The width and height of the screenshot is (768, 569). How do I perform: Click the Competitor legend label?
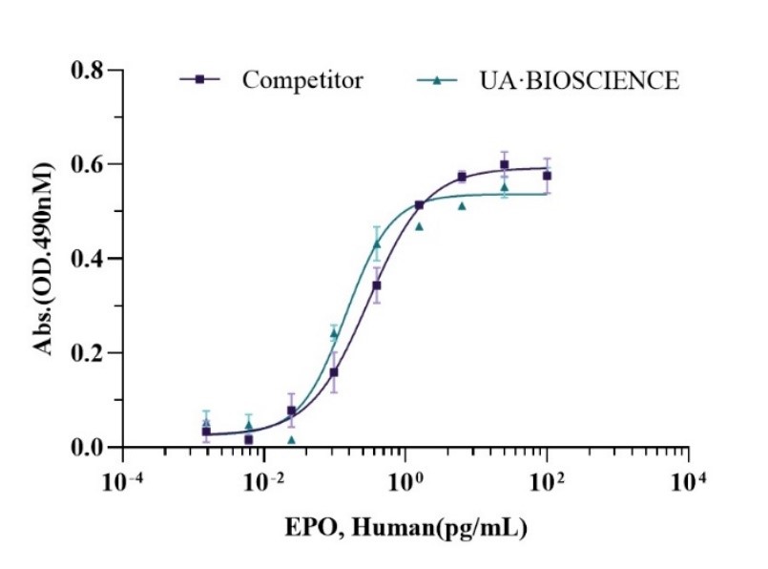[x=302, y=80]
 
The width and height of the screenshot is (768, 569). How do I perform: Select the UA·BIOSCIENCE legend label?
[x=579, y=80]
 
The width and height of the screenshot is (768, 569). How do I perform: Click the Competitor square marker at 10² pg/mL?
[x=547, y=176]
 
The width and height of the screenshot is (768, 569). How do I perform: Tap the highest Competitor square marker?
[x=505, y=165]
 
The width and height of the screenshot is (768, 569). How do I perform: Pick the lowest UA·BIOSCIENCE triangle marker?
[x=291, y=439]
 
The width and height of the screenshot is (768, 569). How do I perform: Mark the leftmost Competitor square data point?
[x=206, y=432]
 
